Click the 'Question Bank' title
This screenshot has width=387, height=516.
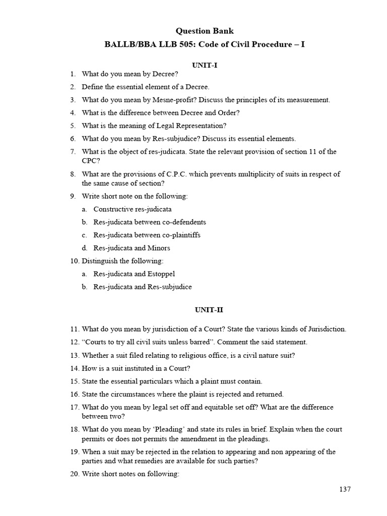tap(205, 32)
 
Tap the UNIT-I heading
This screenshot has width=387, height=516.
tap(205, 66)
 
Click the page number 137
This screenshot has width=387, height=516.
tap(345, 489)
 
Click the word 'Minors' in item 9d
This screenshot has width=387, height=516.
tap(159, 248)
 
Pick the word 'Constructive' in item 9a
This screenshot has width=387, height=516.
tap(113, 209)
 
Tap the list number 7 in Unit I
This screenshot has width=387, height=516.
tap(73, 152)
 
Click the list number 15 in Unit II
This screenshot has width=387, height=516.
tap(75, 381)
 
